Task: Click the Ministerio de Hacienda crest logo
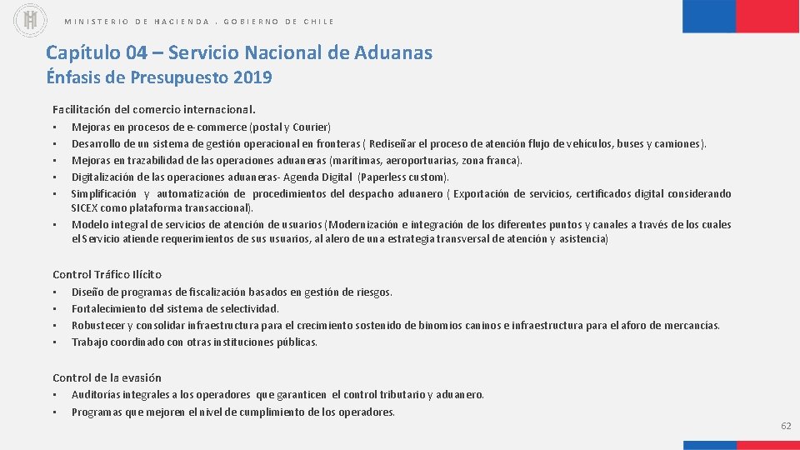pyautogui.click(x=31, y=21)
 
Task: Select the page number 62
pyautogui.click(x=786, y=426)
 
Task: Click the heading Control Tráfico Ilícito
pyautogui.click(x=107, y=274)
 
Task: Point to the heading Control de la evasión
pyautogui.click(x=107, y=377)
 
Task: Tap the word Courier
pyautogui.click(x=311, y=127)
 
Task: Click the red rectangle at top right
pyautogui.click(x=767, y=16)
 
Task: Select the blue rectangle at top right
pyautogui.click(x=709, y=16)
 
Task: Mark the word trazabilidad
pyautogui.click(x=157, y=160)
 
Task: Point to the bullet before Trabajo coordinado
pyautogui.click(x=55, y=342)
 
